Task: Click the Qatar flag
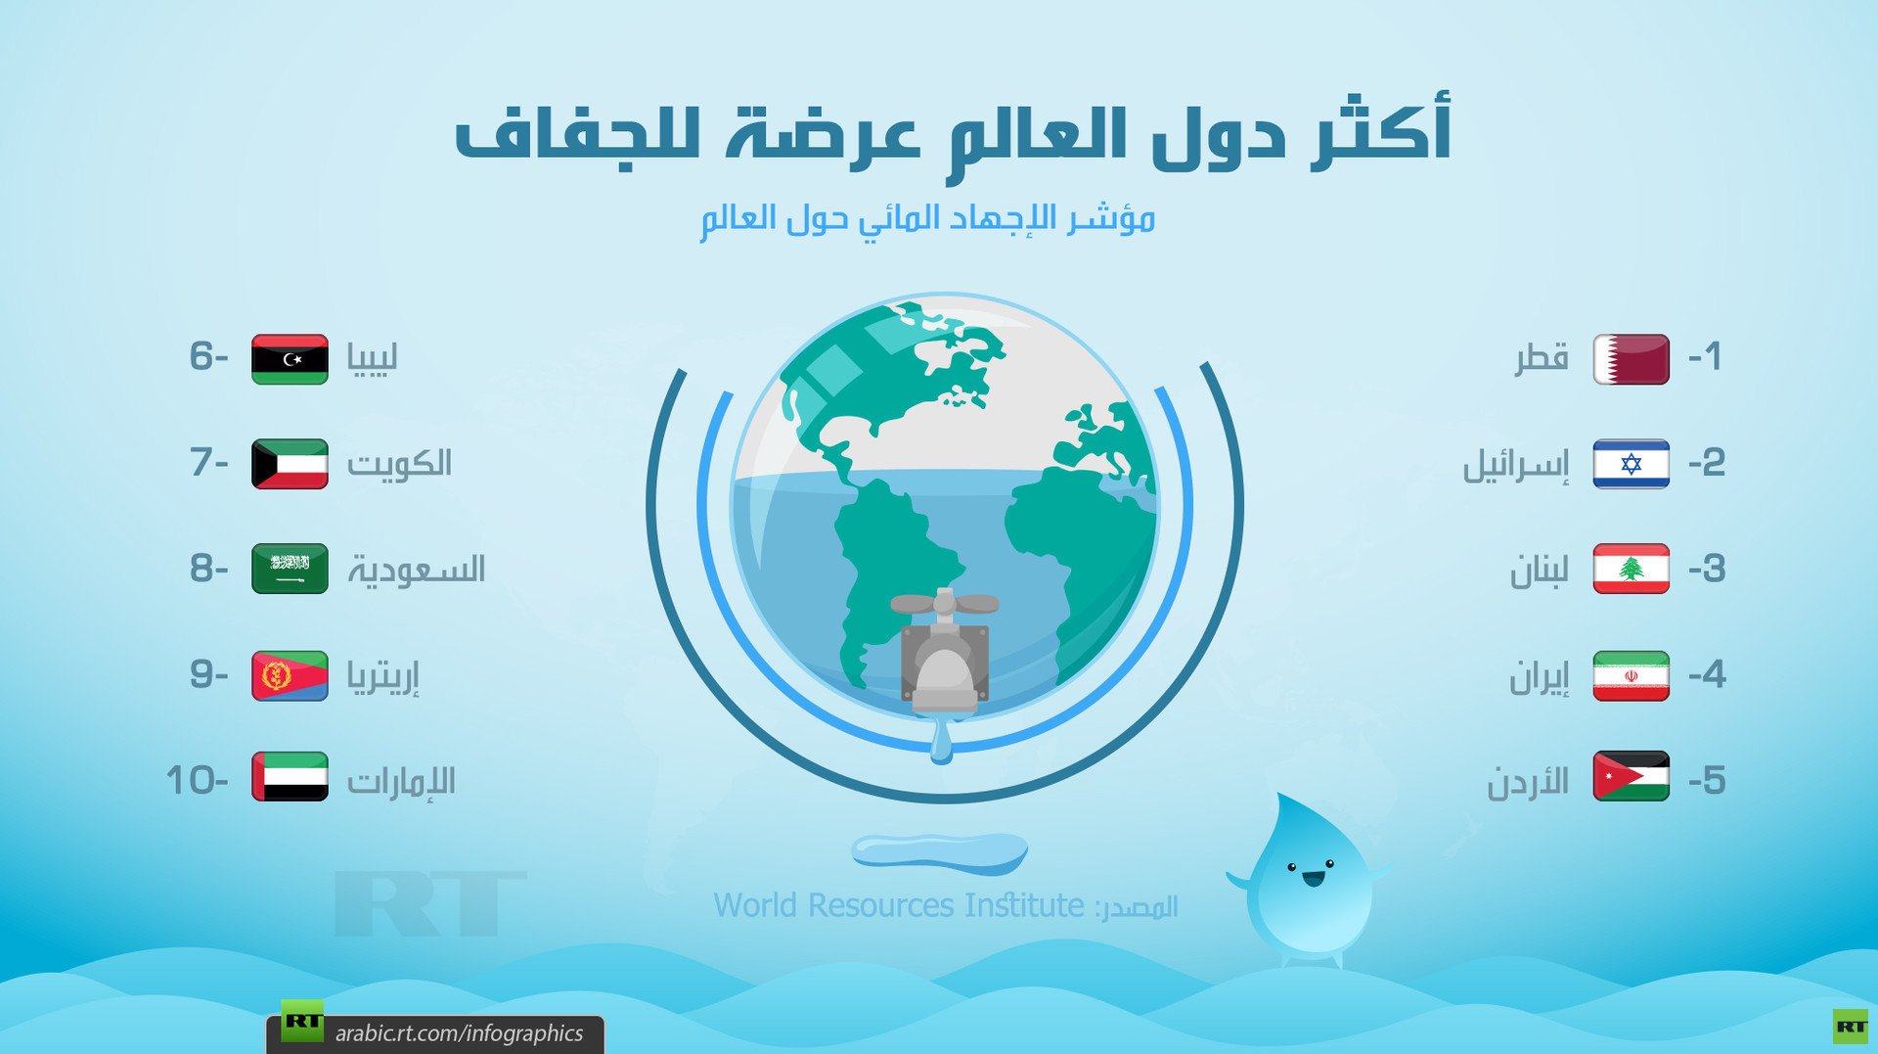(x=1631, y=359)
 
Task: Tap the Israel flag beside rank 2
(x=1631, y=464)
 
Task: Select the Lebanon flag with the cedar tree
(x=1631, y=569)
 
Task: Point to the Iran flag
(x=1631, y=675)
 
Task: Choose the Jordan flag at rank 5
(x=1631, y=776)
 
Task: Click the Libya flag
(x=290, y=359)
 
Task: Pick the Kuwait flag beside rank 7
(x=290, y=464)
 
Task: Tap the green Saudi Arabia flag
(x=290, y=569)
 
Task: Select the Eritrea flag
(x=290, y=675)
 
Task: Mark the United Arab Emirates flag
(x=290, y=776)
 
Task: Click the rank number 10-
(x=197, y=780)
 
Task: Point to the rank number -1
(x=1705, y=356)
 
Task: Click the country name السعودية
(x=417, y=569)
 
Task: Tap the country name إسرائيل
(x=1515, y=464)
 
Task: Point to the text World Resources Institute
(x=898, y=905)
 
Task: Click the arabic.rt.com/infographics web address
(x=459, y=1032)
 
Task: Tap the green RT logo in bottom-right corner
(x=1850, y=1026)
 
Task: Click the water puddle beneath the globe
(x=939, y=851)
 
